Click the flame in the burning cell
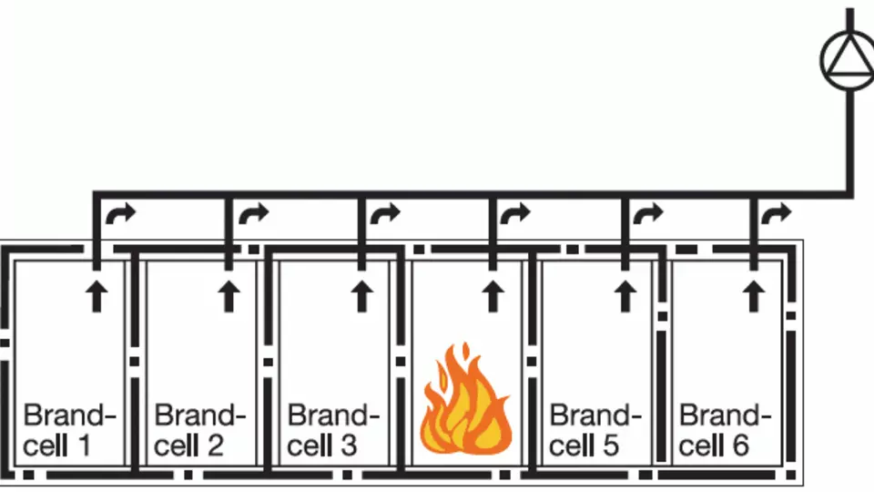pos(465,401)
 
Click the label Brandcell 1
pos(69,430)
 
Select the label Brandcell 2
pos(199,430)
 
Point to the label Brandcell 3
pos(333,430)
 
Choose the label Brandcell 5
pos(595,430)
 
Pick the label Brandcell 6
pos(725,430)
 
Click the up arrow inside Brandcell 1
pos(97,296)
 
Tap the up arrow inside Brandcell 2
pos(229,296)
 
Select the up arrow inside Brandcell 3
pos(361,296)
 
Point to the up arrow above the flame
pos(493,296)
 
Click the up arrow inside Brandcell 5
pos(625,296)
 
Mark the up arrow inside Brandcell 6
pos(754,296)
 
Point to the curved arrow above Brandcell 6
pos(776,212)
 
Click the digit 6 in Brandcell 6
pos(739,446)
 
